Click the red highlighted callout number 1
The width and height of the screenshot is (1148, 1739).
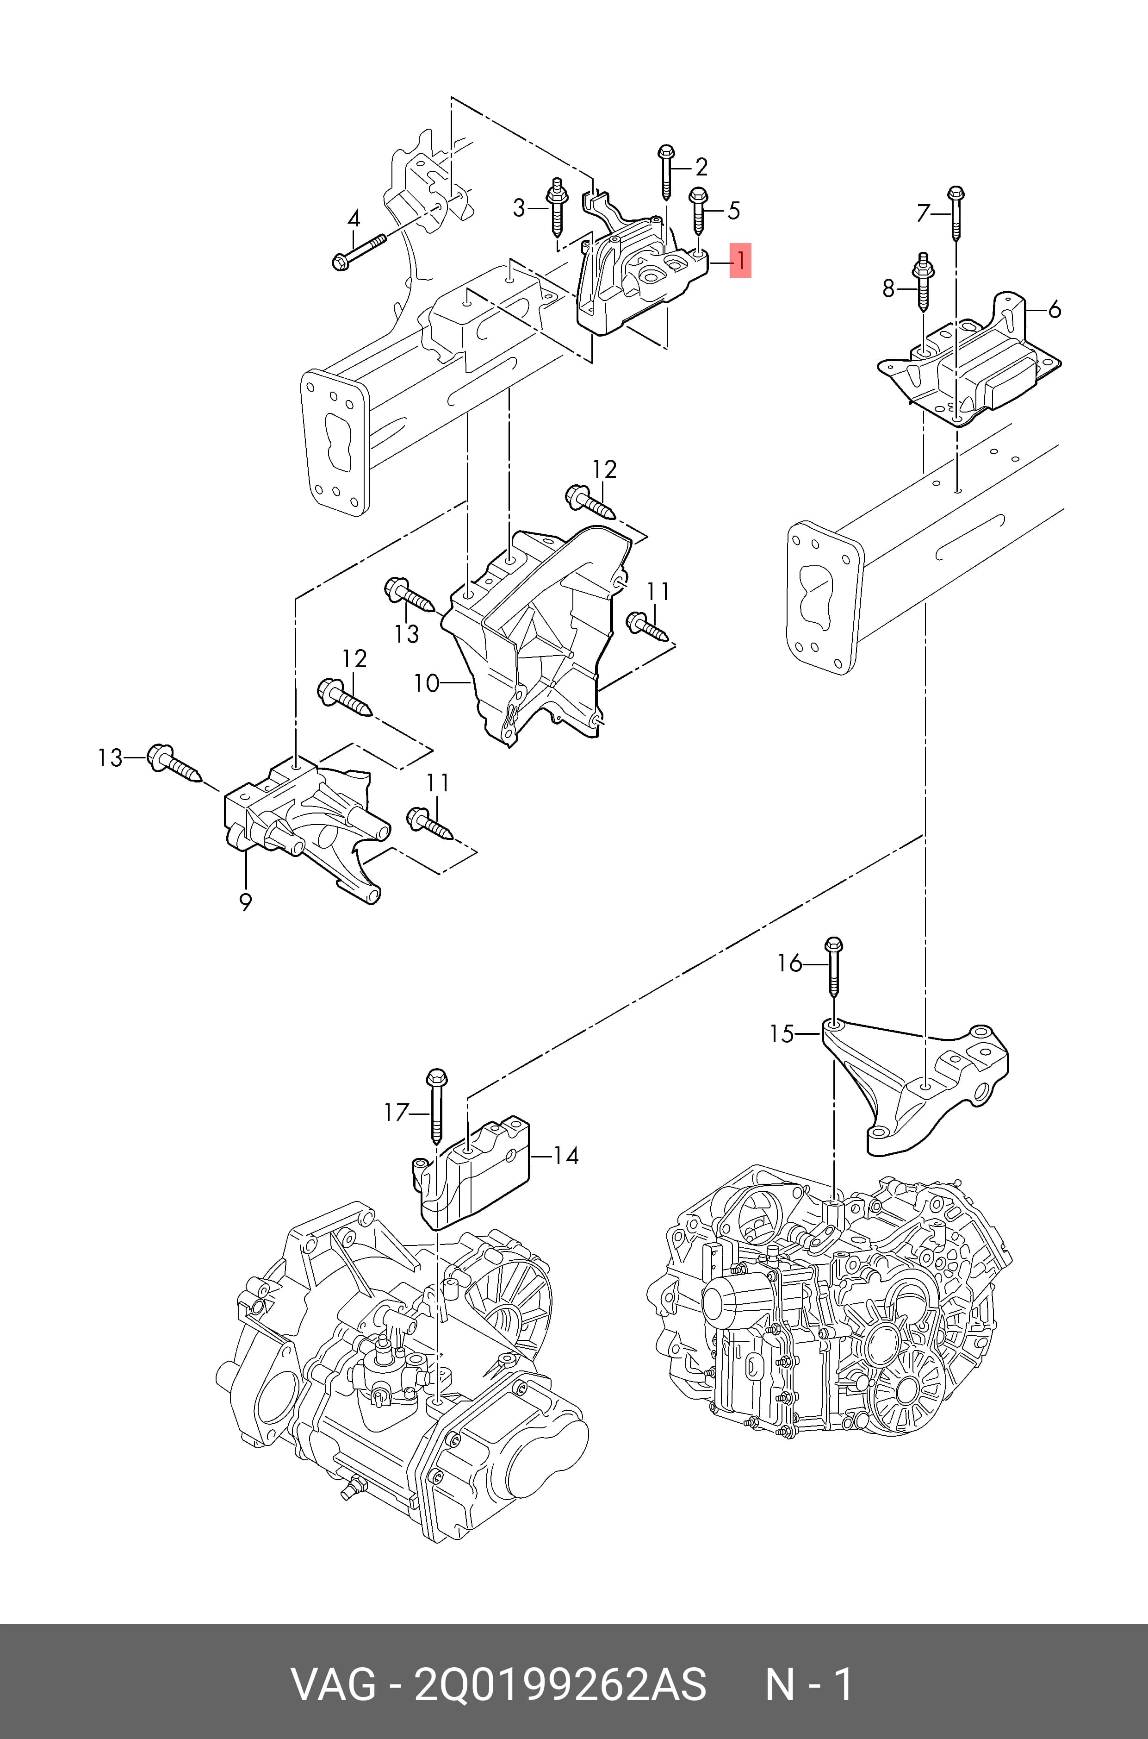(740, 260)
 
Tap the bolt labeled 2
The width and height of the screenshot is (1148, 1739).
(666, 173)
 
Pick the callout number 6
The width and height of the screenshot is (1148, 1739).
(1054, 310)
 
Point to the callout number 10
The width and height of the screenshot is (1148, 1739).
(427, 683)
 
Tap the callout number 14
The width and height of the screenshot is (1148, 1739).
(565, 1156)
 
